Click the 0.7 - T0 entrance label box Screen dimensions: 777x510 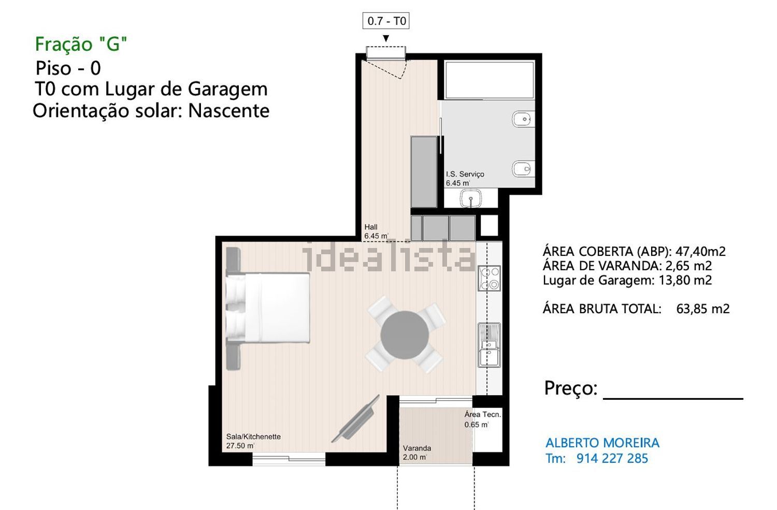pyautogui.click(x=386, y=21)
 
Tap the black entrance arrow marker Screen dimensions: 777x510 pyautogui.click(x=386, y=38)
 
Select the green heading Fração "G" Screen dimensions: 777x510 pyautogui.click(x=81, y=45)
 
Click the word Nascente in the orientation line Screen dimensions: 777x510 pyautogui.click(x=228, y=111)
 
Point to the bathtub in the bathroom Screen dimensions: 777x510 pyautogui.click(x=490, y=80)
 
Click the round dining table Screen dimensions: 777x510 pyautogui.click(x=405, y=335)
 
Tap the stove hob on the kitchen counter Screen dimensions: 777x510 pyautogui.click(x=489, y=278)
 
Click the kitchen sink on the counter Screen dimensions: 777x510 pyautogui.click(x=489, y=345)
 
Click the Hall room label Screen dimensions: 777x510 pyautogui.click(x=371, y=227)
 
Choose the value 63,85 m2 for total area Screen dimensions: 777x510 pyautogui.click(x=703, y=309)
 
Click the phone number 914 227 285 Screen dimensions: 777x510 pyautogui.click(x=612, y=458)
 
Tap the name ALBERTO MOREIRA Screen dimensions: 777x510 pyautogui.click(x=602, y=443)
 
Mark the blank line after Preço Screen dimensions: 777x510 pyautogui.click(x=673, y=399)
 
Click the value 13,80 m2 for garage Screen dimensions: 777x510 pyautogui.click(x=685, y=280)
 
